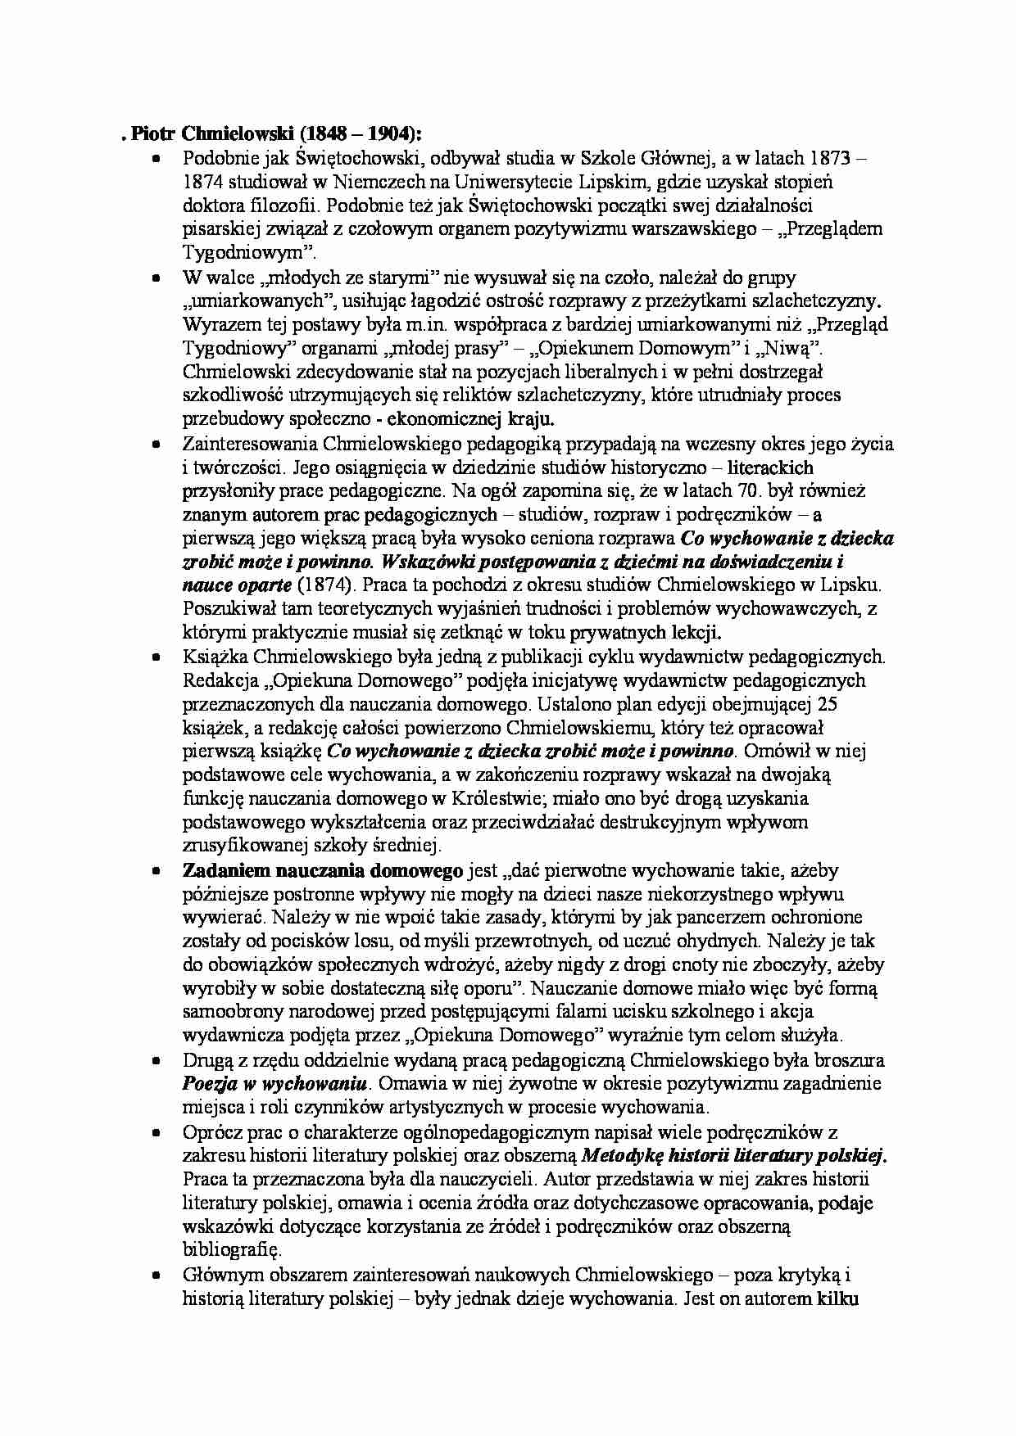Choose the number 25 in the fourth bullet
[x=827, y=703]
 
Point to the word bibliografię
[x=231, y=1250]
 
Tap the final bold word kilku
[x=837, y=1298]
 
